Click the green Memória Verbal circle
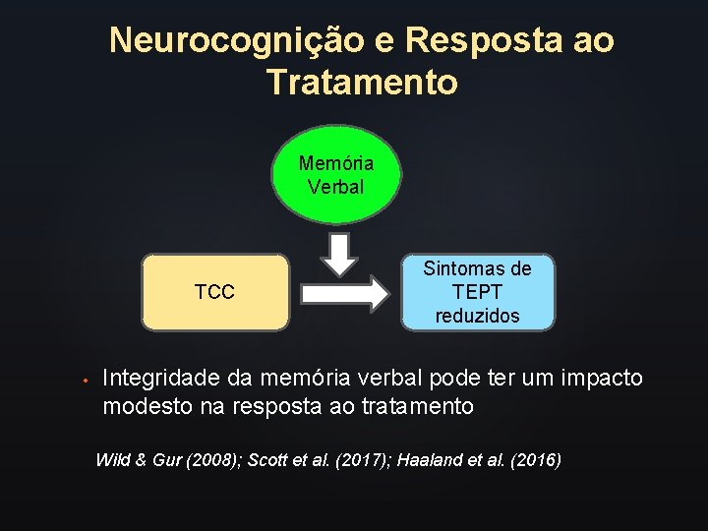pyautogui.click(x=335, y=175)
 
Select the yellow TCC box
pyautogui.click(x=215, y=292)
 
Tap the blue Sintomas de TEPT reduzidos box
pyautogui.click(x=478, y=292)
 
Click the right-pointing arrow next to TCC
pyautogui.click(x=344, y=293)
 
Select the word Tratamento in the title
pyautogui.click(x=362, y=83)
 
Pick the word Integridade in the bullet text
pyautogui.click(x=161, y=378)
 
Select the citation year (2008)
pyautogui.click(x=212, y=460)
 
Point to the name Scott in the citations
pyautogui.click(x=268, y=460)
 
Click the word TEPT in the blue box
pyautogui.click(x=478, y=292)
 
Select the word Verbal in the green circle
pyautogui.click(x=335, y=187)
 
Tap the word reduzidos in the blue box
pyautogui.click(x=478, y=316)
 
